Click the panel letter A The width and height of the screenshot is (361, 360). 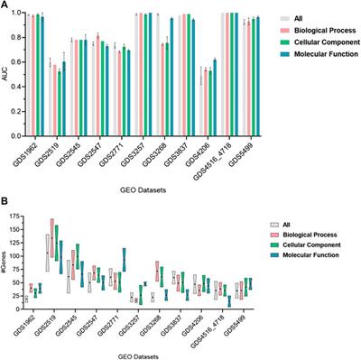click(6, 5)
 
